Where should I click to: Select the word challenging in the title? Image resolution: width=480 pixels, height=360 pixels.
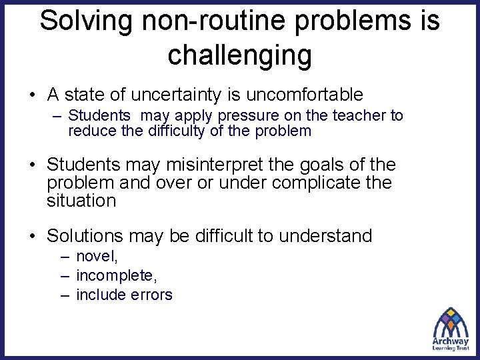[x=240, y=55]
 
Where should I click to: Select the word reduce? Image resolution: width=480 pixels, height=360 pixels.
[x=91, y=131]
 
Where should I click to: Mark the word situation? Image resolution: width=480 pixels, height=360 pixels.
[x=81, y=200]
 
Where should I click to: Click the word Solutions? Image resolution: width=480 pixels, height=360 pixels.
[x=85, y=235]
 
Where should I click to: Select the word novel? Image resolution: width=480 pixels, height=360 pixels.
[x=96, y=257]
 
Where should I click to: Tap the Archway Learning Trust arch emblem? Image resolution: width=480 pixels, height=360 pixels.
[x=451, y=323]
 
